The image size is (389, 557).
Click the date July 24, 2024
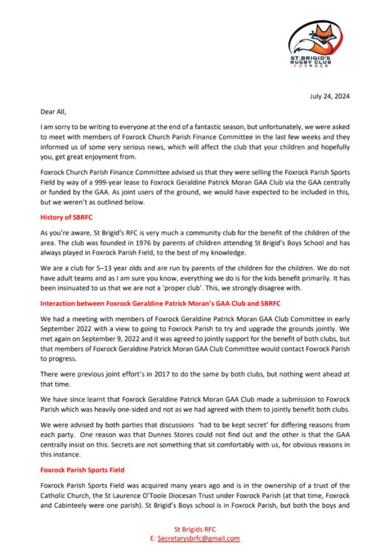click(x=330, y=96)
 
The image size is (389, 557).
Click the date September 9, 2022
click(x=100, y=339)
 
